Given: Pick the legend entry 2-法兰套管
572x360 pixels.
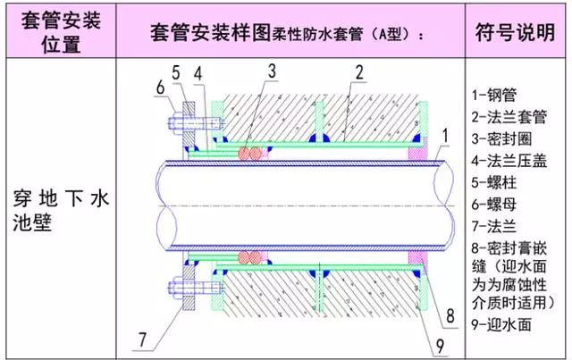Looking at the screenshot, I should (x=508, y=117).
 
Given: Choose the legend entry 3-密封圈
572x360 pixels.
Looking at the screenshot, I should (x=501, y=139).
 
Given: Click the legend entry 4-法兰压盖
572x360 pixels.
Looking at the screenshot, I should (x=508, y=162).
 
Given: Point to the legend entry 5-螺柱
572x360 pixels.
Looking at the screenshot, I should (x=495, y=184).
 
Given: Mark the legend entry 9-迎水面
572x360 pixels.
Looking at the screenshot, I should (x=501, y=325).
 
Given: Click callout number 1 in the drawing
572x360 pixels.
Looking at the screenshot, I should (x=445, y=135).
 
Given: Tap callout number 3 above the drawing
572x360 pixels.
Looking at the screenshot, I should (x=271, y=70).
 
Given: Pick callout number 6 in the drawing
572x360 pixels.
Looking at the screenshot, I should (x=160, y=87).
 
